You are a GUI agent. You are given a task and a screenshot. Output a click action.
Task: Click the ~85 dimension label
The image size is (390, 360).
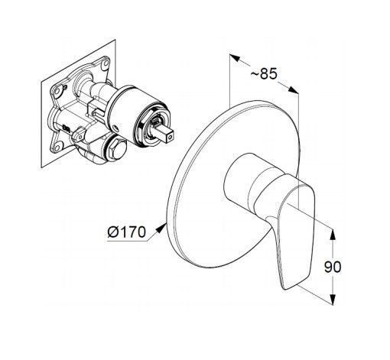click(x=264, y=74)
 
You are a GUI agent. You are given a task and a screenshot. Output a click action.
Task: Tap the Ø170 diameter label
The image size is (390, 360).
click(x=127, y=232)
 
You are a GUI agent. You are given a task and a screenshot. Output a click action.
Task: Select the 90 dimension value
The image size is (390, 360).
click(x=333, y=267)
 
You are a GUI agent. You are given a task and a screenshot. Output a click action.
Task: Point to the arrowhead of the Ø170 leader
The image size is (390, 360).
click(x=160, y=228)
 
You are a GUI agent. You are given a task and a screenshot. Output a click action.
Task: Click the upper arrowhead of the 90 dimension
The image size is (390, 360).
click(x=333, y=235)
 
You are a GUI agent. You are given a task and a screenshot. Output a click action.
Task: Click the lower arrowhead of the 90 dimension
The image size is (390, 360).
click(x=333, y=300)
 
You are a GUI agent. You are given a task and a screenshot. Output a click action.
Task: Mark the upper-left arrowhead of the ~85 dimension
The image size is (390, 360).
click(x=235, y=58)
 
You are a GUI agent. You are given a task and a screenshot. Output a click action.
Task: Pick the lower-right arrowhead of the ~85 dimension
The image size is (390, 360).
click(x=293, y=89)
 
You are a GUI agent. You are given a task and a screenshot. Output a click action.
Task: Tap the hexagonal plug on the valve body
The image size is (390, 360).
click(x=116, y=150)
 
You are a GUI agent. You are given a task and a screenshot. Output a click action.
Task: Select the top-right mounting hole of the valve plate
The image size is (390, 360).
click(x=105, y=63)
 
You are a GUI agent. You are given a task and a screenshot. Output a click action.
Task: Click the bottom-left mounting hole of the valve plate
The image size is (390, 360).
click(x=57, y=147)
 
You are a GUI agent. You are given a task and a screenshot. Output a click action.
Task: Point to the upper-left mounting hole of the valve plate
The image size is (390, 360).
click(x=58, y=90)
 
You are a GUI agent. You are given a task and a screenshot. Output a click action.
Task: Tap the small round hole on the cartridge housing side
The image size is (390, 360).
click(x=116, y=128)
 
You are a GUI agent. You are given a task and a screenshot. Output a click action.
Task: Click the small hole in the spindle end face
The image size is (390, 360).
click(x=169, y=137)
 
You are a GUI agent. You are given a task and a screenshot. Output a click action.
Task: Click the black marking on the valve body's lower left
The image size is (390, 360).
click(x=66, y=128)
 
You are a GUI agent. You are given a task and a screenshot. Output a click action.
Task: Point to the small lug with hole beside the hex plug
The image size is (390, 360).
click(x=77, y=135)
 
